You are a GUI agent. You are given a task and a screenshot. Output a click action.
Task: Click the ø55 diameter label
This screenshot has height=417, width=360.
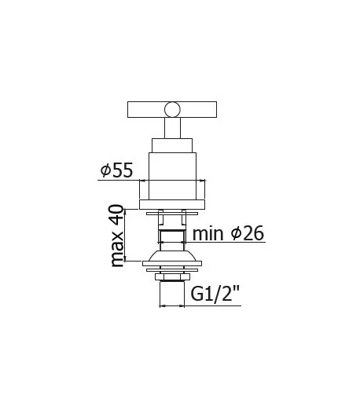pyautogui.click(x=116, y=170)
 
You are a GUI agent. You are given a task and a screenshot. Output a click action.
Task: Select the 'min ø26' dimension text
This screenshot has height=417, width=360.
pyautogui.click(x=228, y=233)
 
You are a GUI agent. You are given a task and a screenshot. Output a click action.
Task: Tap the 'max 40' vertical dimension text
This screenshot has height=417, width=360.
pyautogui.click(x=117, y=236)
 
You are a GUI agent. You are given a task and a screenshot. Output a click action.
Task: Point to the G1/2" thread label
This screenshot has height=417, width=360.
pyautogui.click(x=215, y=294)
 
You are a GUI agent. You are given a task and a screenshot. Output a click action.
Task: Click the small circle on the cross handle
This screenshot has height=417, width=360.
pyautogui.click(x=172, y=110)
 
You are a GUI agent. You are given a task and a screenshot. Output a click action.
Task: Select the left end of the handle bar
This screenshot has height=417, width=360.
pyautogui.click(x=128, y=110)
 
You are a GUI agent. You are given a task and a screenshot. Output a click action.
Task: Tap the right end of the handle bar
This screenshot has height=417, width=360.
pyautogui.click(x=216, y=110)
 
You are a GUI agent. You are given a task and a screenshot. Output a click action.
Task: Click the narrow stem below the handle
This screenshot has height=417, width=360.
pyautogui.click(x=172, y=128)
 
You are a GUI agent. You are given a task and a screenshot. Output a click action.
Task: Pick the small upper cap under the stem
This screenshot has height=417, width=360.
pyautogui.click(x=172, y=145)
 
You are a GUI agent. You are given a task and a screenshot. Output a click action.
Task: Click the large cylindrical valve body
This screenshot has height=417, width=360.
pyautogui.click(x=172, y=176)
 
